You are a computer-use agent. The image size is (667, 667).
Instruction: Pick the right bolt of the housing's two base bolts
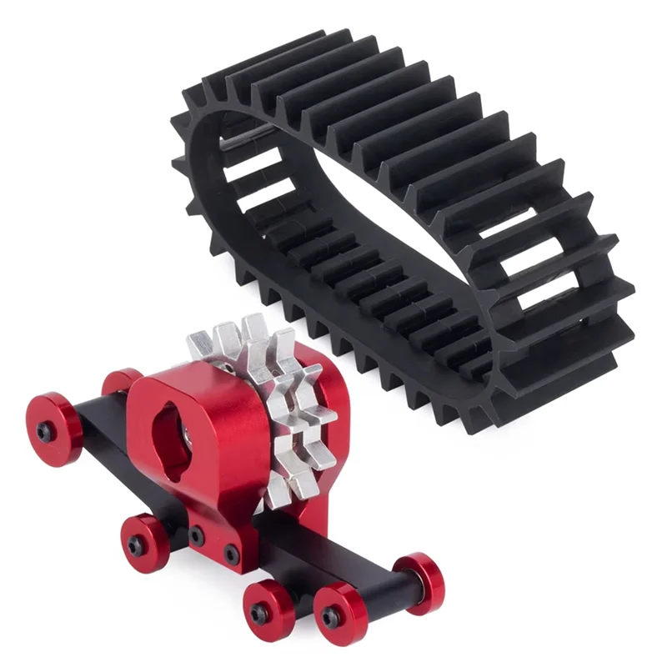[229, 550]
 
